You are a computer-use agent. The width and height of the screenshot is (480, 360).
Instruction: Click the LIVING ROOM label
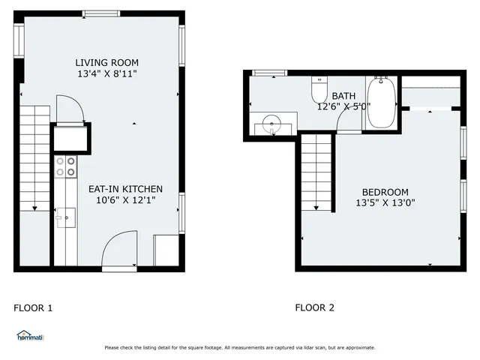106,62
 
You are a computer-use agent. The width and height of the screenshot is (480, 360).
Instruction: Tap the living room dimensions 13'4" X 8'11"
106,73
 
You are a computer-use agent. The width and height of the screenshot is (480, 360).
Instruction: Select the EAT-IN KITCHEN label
125,189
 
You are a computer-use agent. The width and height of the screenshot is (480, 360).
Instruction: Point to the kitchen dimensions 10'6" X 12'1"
125,200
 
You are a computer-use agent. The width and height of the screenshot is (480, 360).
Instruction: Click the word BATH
343,96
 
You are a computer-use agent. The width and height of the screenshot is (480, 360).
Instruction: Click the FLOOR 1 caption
34,307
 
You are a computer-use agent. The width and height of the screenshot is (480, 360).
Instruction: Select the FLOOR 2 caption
315,307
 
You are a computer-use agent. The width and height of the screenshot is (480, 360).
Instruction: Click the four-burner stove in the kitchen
65,166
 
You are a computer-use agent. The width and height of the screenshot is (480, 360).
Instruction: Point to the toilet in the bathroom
319,90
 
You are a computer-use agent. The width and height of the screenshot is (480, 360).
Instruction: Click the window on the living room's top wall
100,13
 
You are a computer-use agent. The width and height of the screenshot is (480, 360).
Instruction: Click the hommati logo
29,335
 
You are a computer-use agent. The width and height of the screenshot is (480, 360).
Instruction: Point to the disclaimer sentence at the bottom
240,347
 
